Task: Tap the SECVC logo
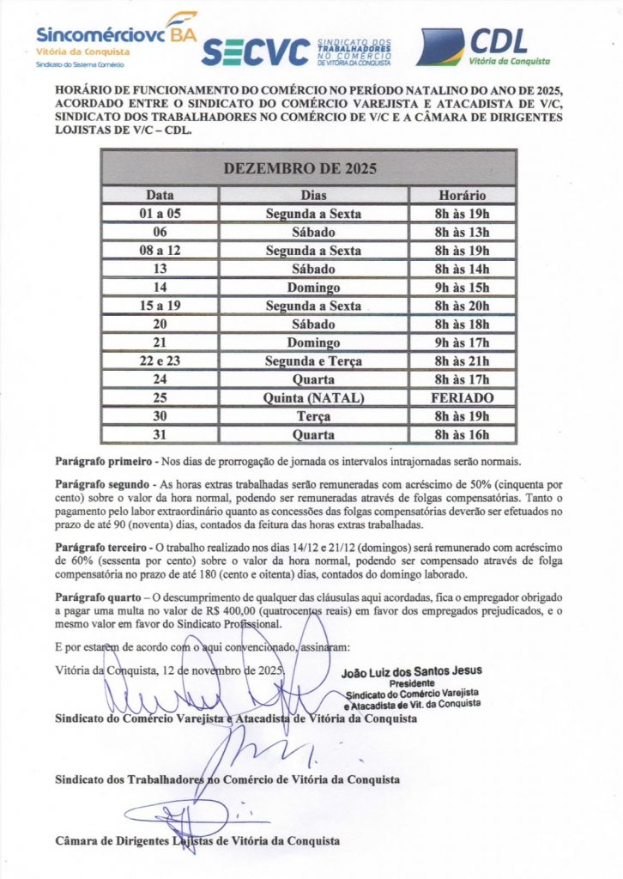(295, 52)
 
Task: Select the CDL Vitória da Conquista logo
(483, 47)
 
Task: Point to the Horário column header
(463, 196)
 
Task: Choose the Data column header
(160, 196)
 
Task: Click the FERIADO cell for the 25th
(463, 398)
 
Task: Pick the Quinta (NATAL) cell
(313, 398)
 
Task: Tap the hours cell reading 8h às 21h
(463, 361)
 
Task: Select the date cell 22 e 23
(160, 361)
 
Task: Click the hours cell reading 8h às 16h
(463, 435)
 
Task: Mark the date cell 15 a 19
(160, 306)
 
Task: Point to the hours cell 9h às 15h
(463, 288)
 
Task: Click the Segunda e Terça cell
(313, 361)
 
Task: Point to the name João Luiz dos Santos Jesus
(412, 670)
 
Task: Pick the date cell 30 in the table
(160, 416)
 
